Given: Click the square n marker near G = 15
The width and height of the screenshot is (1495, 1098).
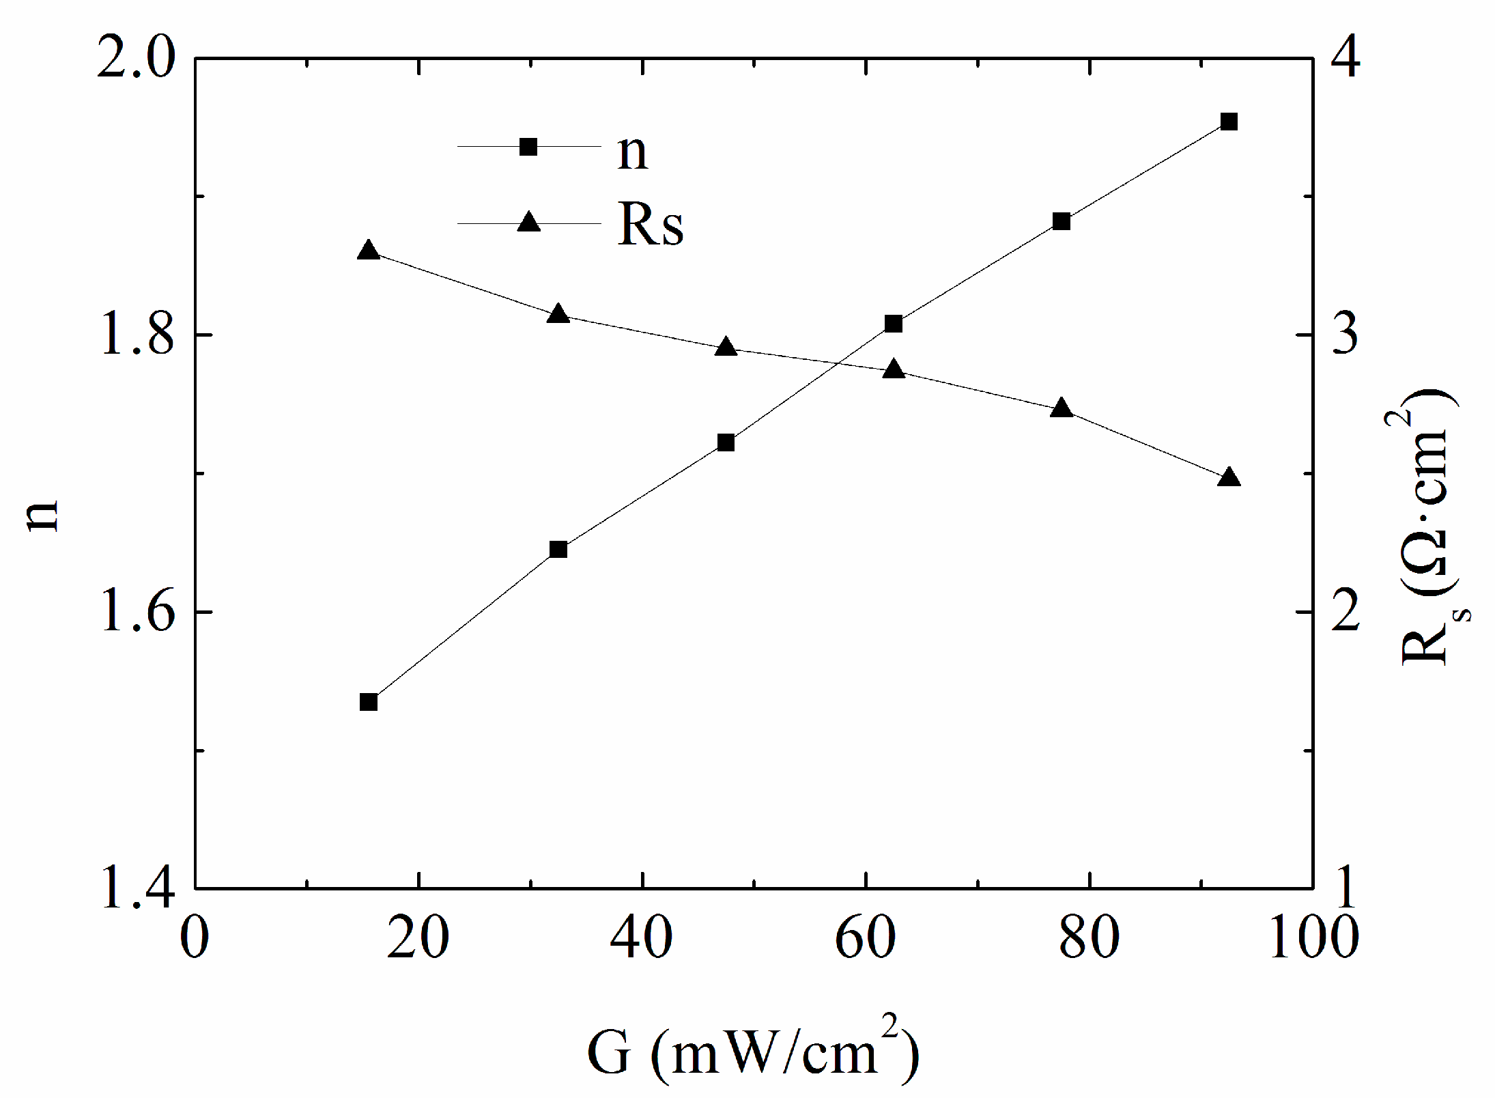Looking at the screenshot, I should [369, 702].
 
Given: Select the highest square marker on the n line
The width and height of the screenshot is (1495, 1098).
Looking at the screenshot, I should [1229, 122].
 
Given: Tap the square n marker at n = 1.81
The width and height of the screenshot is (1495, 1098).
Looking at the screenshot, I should [893, 324].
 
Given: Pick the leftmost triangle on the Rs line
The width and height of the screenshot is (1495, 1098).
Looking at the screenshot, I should [369, 251].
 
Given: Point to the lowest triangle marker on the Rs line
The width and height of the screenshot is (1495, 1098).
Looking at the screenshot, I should [1229, 477].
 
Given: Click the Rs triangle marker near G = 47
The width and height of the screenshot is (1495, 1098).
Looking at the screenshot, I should [726, 348].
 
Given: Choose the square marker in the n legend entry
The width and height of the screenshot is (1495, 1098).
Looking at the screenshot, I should [528, 146].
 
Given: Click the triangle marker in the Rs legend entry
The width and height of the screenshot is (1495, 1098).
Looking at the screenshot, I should [528, 222].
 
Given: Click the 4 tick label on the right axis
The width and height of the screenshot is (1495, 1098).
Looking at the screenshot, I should [1342, 60].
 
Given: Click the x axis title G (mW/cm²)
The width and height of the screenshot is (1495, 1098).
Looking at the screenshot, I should [752, 1052].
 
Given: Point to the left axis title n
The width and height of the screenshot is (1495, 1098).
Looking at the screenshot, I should [42, 516].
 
